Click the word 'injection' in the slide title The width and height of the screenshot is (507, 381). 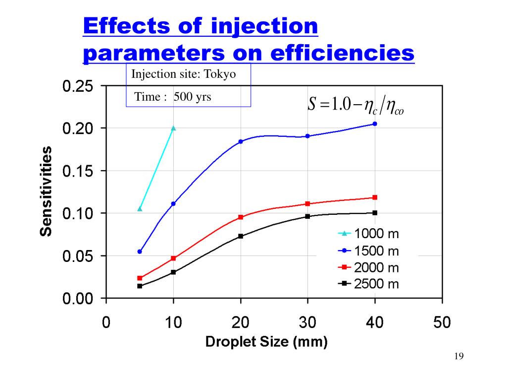(264, 26)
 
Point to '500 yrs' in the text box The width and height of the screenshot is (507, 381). (192, 97)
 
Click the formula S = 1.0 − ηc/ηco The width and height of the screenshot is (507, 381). (355, 105)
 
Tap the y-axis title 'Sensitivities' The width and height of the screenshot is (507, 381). (47, 191)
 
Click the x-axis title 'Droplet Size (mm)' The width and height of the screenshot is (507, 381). (266, 342)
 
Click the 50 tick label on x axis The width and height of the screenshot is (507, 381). (442, 323)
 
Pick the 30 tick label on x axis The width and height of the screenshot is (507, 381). (307, 323)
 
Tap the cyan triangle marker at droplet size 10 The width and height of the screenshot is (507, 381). (173, 128)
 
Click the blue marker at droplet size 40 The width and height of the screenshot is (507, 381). (375, 124)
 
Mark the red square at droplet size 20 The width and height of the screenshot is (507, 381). (241, 217)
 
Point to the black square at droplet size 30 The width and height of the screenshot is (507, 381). (307, 216)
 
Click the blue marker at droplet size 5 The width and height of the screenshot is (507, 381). (140, 252)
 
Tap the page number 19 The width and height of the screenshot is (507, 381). (458, 356)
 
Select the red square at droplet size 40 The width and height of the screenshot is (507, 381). (375, 197)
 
